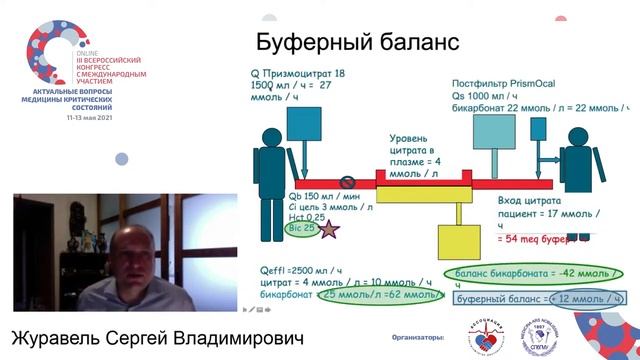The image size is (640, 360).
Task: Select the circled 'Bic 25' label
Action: pos(299,228)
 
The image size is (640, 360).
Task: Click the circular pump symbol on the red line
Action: pos(348,183)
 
